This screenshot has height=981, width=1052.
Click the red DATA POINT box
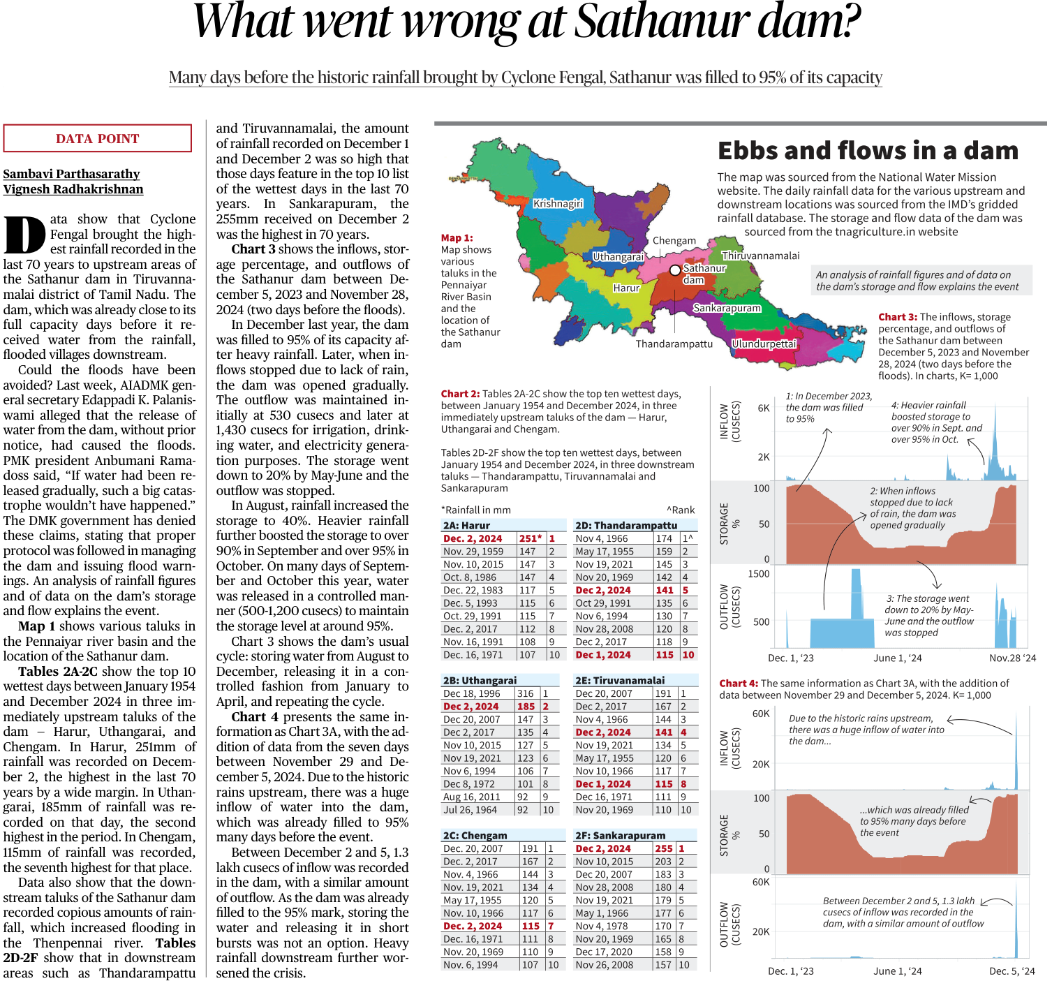pos(98,138)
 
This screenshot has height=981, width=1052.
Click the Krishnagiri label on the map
pos(558,204)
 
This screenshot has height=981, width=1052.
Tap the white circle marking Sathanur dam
pos(674,270)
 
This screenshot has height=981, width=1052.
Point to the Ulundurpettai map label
pos(764,344)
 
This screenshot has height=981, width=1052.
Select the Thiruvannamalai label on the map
pos(761,256)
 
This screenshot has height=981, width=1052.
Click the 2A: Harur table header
pos(466,525)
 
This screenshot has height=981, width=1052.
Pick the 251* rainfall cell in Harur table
pos(531,538)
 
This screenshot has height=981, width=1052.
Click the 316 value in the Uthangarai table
pos(525,693)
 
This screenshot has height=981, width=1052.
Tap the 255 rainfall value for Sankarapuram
pos(664,848)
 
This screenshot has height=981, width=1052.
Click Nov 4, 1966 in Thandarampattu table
pos(601,538)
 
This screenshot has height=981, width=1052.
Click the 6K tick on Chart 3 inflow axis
pos(764,408)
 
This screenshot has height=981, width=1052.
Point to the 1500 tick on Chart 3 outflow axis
pos(759,574)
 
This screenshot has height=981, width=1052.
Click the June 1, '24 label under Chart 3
pos(897,658)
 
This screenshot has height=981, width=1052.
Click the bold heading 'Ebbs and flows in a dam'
pos(868,151)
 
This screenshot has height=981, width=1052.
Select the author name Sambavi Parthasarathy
pos(71,174)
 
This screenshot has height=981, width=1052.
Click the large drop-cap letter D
pos(24,235)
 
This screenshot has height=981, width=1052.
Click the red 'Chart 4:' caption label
pos(739,684)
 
